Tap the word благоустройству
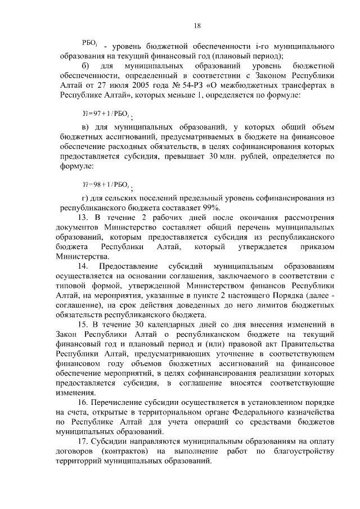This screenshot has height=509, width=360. [306, 451]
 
